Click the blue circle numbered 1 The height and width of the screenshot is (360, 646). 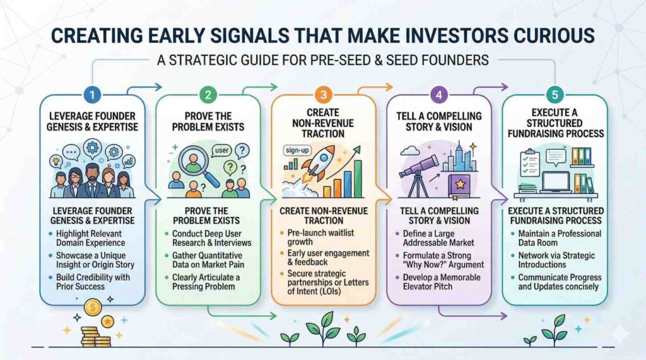92,95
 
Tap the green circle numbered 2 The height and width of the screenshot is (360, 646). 208,95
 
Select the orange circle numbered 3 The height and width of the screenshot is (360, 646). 324,95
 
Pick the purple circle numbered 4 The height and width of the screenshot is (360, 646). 439,95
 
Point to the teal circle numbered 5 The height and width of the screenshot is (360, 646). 555,95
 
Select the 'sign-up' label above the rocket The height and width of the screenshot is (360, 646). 297,150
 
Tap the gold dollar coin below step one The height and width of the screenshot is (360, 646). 93,307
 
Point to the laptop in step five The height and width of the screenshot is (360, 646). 555,182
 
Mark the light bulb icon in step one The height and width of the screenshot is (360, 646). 56,161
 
